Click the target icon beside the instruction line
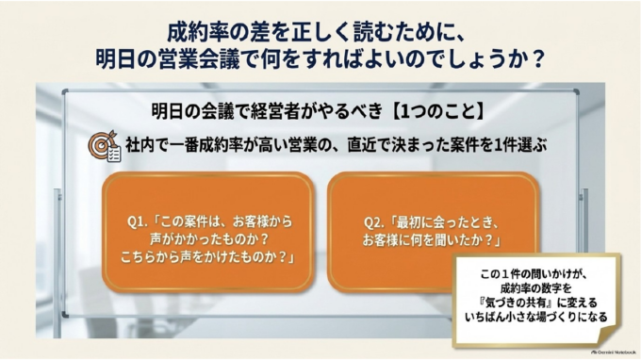105,146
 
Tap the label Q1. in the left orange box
138,221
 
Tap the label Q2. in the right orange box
374,222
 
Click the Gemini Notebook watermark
614,352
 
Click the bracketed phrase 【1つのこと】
438,111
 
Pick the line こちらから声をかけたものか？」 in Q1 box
208,257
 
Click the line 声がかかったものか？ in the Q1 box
209,239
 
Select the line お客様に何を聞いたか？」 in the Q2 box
432,240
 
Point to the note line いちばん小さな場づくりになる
536,317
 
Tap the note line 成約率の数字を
535,288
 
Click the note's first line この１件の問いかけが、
534,274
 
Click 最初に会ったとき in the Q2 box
440,222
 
